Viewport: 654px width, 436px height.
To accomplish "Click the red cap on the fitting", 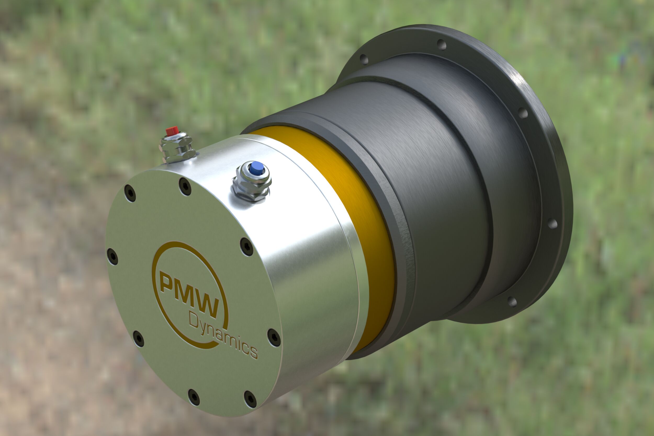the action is (172, 130).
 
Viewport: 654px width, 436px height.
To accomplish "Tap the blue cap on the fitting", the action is (256, 168).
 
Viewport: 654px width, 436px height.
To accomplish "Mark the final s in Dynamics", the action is (253, 352).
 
